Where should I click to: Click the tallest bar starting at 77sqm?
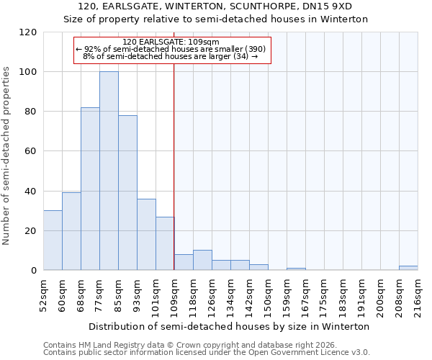pyautogui.click(x=109, y=171)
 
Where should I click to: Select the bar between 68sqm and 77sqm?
pyautogui.click(x=90, y=189)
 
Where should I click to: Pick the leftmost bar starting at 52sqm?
pyautogui.click(x=53, y=240)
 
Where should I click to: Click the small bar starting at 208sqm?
pyautogui.click(x=408, y=268)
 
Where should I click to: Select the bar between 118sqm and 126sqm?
pyautogui.click(x=202, y=261)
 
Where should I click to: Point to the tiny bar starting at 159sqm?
pyautogui.click(x=296, y=269)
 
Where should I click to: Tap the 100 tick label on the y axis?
pyautogui.click(x=28, y=72)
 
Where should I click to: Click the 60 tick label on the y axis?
pyautogui.click(x=31, y=151)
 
